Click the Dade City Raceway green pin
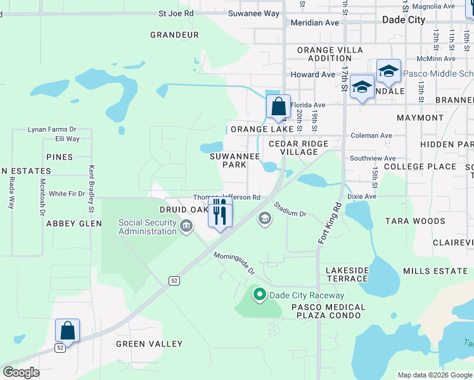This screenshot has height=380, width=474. point(259,294)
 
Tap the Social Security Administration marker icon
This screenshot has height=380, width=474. point(186,226)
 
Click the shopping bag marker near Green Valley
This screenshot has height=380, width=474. point(67,331)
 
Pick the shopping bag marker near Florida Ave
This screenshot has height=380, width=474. point(278,106)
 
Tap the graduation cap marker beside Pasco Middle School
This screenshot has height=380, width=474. point(388,71)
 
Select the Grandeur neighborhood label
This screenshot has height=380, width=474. point(174,35)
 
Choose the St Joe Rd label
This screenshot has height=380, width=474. point(176,13)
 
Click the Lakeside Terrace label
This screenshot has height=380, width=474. point(347,274)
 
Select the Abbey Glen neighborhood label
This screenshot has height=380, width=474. point(74,224)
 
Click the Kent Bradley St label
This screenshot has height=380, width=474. point(92,189)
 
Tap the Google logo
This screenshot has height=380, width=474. point(21,372)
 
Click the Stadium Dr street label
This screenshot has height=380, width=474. point(290,210)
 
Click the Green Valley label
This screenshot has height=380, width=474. point(149,344)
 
